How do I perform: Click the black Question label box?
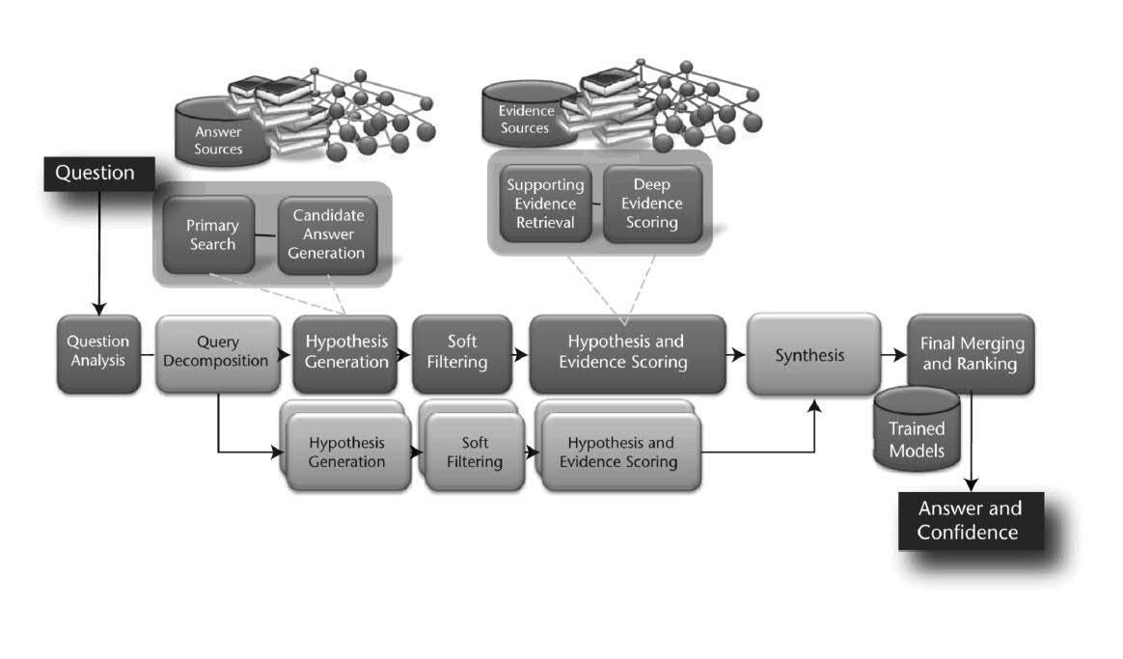click(x=96, y=174)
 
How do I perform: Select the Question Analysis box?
click(x=96, y=353)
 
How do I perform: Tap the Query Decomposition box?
click(x=217, y=353)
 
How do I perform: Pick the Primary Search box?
click(x=210, y=234)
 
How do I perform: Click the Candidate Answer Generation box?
click(x=328, y=234)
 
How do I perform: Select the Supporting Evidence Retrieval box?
click(x=545, y=204)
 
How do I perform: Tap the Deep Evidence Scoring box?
click(x=651, y=204)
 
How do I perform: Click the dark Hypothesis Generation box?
click(x=345, y=353)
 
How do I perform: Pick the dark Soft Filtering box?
click(x=461, y=353)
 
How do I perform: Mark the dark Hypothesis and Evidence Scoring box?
click(x=626, y=353)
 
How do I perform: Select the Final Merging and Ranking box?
click(x=970, y=353)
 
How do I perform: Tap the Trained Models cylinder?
click(x=916, y=433)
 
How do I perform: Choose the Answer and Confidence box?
click(x=969, y=521)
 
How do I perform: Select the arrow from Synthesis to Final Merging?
click(x=892, y=354)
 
